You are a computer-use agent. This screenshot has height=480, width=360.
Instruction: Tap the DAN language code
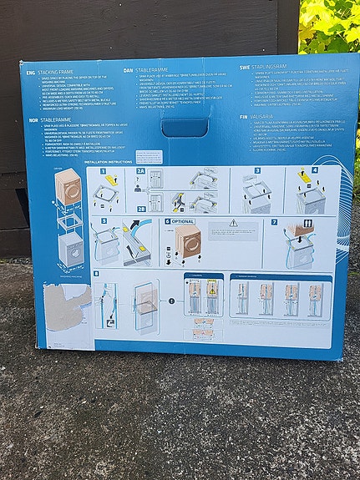pyautogui.click(x=129, y=71)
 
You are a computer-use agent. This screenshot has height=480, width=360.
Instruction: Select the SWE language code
pyautogui.click(x=244, y=67)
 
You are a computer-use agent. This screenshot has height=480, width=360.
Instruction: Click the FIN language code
pyautogui.click(x=244, y=117)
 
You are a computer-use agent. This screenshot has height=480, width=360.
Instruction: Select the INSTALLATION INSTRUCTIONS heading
pyautogui.click(x=109, y=162)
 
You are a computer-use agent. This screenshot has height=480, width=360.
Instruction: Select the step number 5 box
pyautogui.click(x=103, y=222)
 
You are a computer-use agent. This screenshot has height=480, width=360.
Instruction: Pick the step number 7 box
pyautogui.click(x=274, y=222)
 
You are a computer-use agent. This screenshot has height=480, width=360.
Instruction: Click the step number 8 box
pyautogui.click(x=98, y=274)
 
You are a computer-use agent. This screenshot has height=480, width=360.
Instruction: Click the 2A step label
pyautogui.click(x=142, y=170)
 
